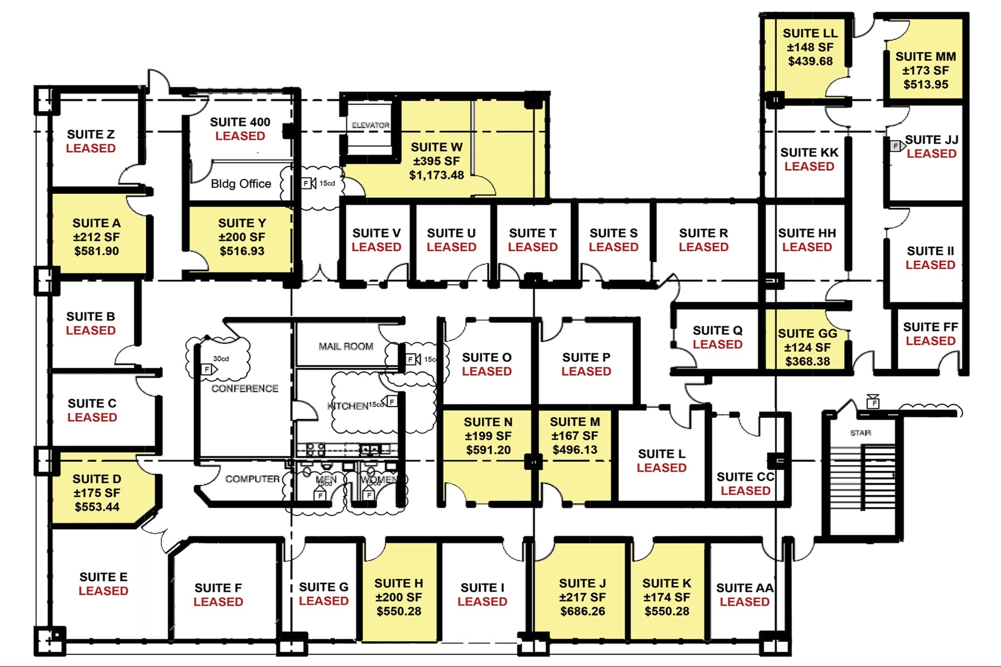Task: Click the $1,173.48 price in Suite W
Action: coord(437,175)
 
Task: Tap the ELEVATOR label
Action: coord(370,126)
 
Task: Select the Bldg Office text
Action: coord(241,184)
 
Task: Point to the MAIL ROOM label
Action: coord(346,346)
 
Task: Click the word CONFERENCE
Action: coord(245,389)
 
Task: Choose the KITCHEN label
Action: coord(348,406)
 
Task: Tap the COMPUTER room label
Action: coord(252,479)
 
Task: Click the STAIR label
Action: coord(860,433)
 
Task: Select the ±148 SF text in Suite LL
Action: coord(810,48)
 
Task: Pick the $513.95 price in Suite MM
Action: coord(925,84)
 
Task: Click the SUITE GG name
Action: coord(807,333)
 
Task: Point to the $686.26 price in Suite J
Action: coord(582,611)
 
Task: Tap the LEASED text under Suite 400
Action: coord(240,136)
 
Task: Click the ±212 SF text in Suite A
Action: coord(96,237)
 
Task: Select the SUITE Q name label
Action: coord(717,331)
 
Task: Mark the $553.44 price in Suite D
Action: coord(97,507)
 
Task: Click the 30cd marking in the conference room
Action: coord(221,359)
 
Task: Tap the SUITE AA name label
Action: coord(745,588)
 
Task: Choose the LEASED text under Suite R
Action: coord(703,247)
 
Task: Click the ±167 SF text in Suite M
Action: coord(574,436)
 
